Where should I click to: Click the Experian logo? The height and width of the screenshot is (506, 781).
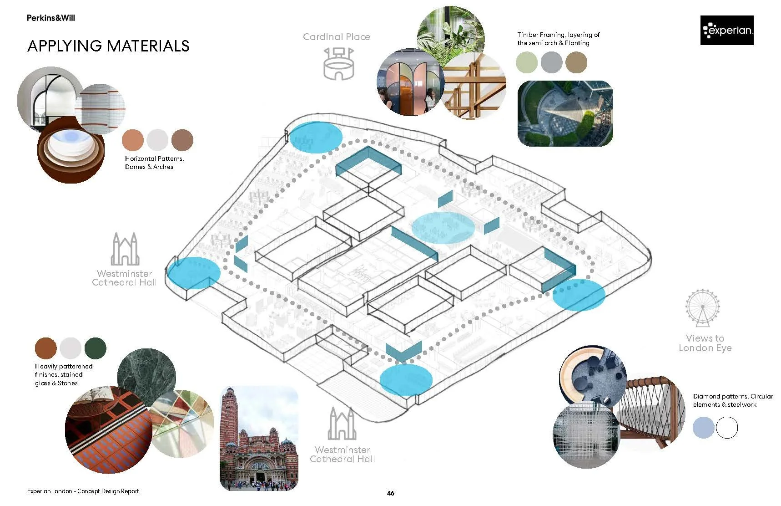pos(726,31)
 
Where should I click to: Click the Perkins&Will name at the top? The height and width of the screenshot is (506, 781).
pos(50,18)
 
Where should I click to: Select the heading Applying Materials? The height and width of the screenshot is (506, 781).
pos(108,46)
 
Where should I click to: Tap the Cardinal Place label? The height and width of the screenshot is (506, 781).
pos(336,37)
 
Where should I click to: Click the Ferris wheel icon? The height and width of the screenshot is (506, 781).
pos(703,308)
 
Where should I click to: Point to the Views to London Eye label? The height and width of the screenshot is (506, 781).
pos(705,343)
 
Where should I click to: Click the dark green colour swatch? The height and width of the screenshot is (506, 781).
pos(95,348)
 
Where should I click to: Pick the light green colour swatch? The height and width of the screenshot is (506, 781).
pos(527,62)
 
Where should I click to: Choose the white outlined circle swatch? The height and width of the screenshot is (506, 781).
pos(726,428)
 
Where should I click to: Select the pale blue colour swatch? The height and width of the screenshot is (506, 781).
pos(703,428)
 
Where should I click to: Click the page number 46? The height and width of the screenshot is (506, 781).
pos(390,493)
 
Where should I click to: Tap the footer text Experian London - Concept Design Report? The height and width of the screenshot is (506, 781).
pos(83,491)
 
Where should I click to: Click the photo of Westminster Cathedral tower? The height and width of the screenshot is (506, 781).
pos(259,438)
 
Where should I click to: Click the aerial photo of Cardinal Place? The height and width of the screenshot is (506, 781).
pos(565,113)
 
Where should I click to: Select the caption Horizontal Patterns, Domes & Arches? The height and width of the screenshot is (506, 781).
pos(154,163)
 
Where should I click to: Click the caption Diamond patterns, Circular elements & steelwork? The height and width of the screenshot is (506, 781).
pos(732,400)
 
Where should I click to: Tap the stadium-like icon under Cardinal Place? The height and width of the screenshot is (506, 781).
pos(338,64)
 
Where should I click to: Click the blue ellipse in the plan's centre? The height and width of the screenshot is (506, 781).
pos(443,227)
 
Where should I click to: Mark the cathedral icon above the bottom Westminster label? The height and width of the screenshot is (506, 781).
pos(342,424)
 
